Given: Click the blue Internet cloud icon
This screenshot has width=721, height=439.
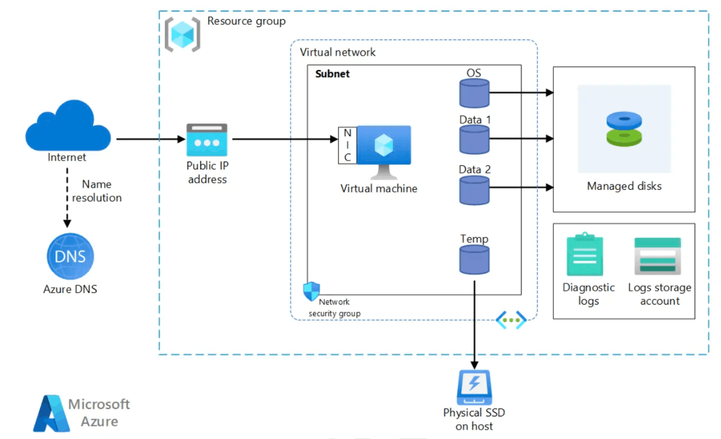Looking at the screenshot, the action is (68, 125).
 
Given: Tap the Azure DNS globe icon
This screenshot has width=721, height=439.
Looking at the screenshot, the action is (70, 256).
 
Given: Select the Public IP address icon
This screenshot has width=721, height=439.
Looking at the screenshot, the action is (207, 140).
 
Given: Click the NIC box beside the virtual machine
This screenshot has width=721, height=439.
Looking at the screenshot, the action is (347, 145).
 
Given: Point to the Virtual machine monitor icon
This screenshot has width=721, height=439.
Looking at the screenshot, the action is (384, 152).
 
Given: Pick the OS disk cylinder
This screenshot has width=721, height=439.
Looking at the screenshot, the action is (474, 93).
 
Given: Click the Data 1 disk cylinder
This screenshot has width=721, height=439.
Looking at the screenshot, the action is (474, 140).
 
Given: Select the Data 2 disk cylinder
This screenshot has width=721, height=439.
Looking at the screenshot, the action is (474, 190).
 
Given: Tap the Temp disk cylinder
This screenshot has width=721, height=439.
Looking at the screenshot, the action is (474, 259).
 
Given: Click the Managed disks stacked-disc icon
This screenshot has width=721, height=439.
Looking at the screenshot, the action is (624, 129).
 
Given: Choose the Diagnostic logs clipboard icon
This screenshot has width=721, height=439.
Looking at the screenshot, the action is (585, 254).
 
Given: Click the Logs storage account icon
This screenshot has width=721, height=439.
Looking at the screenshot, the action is (658, 256).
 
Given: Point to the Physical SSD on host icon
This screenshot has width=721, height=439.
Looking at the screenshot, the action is (474, 387).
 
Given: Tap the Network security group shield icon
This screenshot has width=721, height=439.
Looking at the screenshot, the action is (312, 292).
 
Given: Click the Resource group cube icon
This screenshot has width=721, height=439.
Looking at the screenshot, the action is (182, 34).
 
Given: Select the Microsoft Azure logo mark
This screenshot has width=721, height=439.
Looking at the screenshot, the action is (51, 414).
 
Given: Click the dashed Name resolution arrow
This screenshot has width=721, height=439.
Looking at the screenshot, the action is (67, 198).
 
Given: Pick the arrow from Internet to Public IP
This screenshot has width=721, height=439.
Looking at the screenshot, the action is (151, 139).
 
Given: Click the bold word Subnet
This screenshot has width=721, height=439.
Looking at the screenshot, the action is (332, 74).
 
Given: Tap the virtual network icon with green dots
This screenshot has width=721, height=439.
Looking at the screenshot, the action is (511, 320).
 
